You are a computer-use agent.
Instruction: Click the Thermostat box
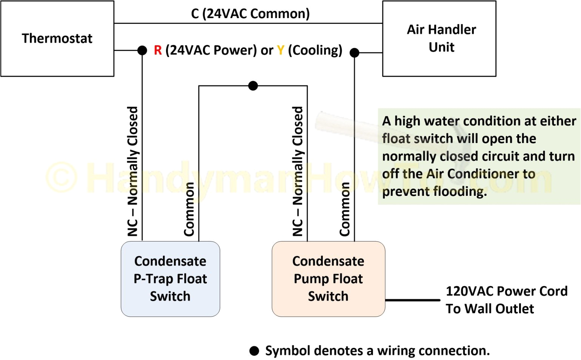coord(57,38)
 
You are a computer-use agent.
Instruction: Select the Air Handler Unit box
coord(439,38)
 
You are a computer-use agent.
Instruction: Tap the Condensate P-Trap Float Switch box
coord(170,279)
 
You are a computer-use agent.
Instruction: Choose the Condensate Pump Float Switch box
coord(328,279)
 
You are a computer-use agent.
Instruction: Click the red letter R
coord(158,50)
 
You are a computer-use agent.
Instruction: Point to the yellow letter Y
coord(280,50)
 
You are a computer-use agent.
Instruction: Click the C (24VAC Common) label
coord(250,14)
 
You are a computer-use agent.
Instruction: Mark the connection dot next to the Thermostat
coord(142,50)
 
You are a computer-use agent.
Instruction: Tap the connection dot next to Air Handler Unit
coord(354,53)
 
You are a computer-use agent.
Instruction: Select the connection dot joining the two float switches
coord(253,86)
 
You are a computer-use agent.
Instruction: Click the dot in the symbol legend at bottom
coord(254,351)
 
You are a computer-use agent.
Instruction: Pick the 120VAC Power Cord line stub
coord(413,300)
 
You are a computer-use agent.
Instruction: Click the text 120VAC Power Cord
coord(506,291)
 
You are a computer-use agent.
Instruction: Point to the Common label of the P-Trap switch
coord(189,209)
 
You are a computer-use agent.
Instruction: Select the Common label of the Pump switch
coord(345,209)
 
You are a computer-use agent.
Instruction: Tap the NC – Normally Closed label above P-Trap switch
coord(133,171)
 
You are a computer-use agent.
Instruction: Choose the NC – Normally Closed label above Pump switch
coord(298,171)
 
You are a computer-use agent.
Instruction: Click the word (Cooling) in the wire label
coord(315,50)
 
